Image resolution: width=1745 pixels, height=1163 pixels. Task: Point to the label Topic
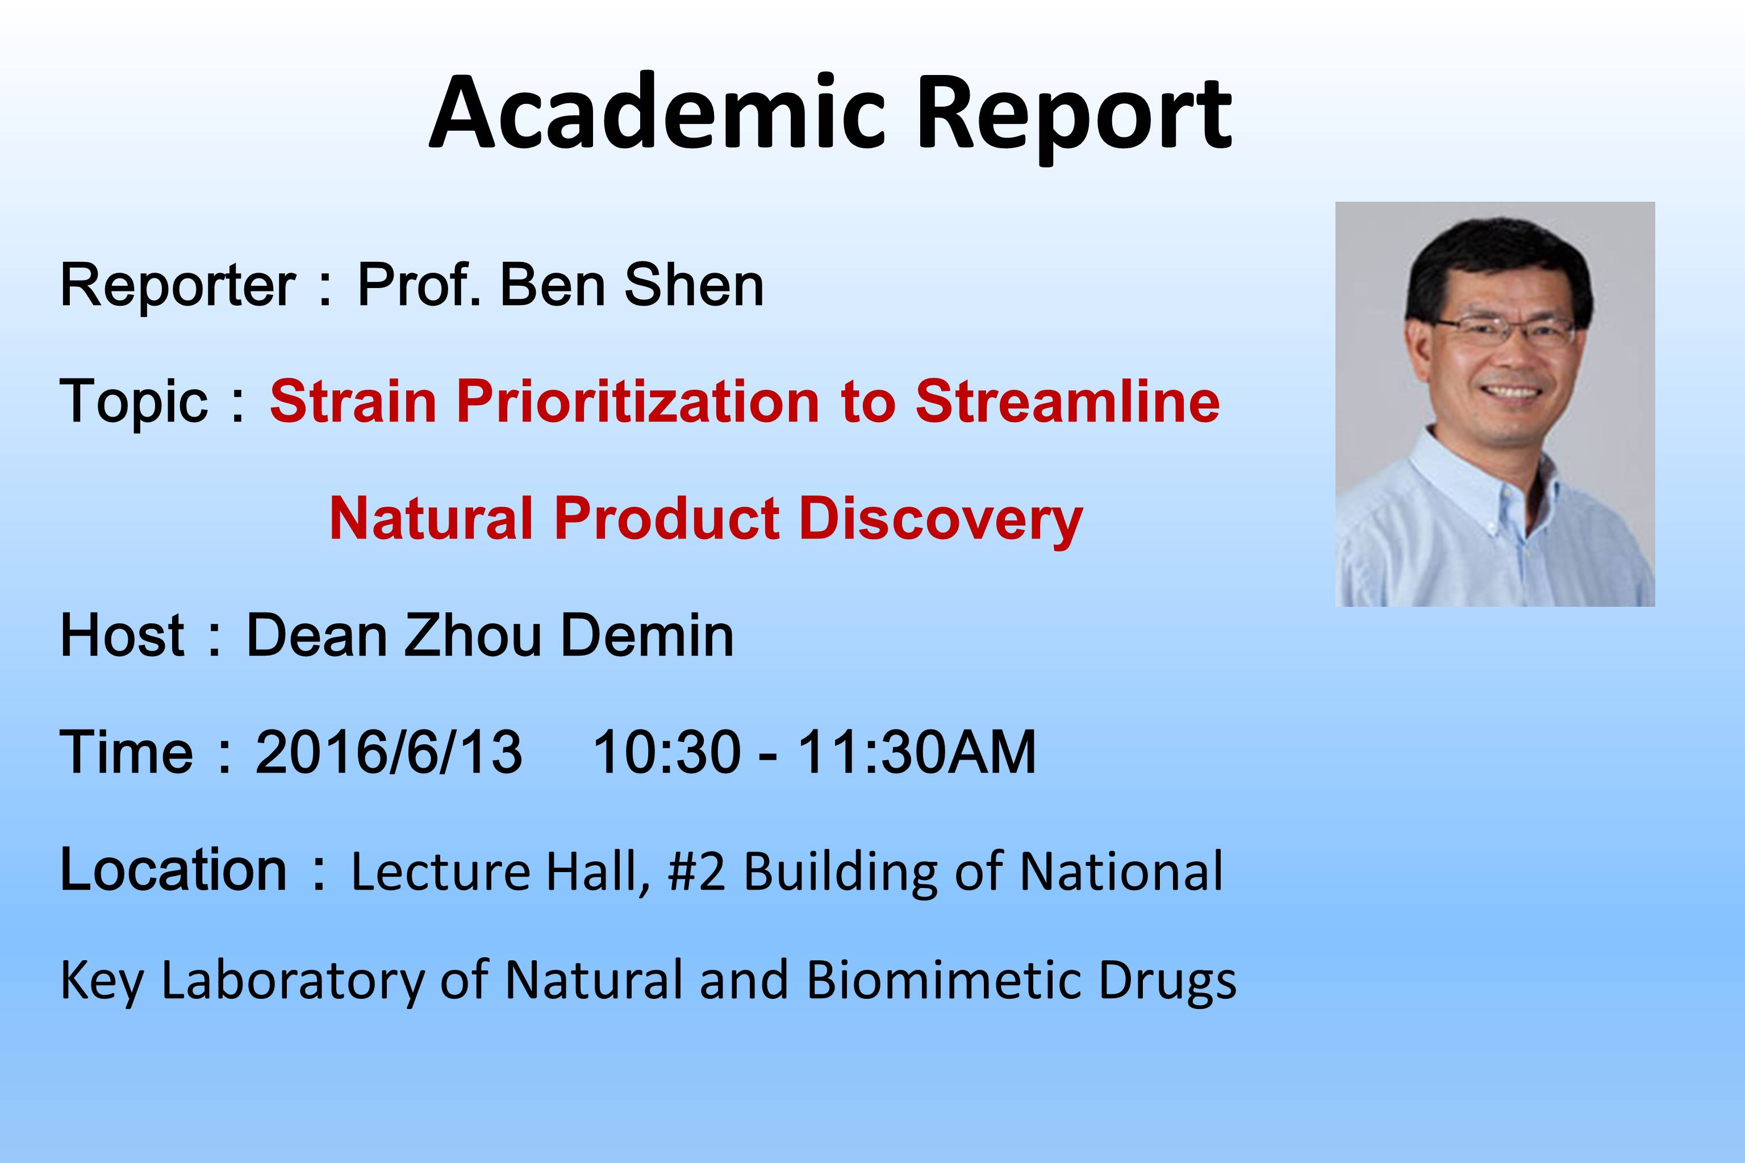[x=133, y=403]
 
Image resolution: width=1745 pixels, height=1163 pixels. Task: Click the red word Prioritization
[x=638, y=402]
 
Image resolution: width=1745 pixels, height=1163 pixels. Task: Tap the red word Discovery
[x=941, y=519]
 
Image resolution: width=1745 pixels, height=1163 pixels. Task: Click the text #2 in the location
[x=696, y=872]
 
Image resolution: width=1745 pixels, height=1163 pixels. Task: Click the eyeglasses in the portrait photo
[x=1505, y=330]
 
